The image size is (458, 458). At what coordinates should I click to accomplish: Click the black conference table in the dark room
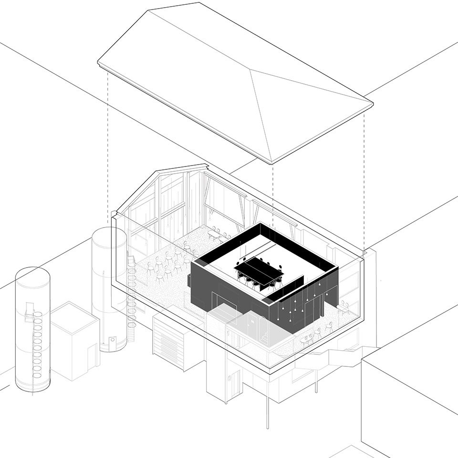[x=259, y=270]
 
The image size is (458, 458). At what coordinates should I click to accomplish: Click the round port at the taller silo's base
[x=113, y=340]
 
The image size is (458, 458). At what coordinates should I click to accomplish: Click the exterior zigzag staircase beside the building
[x=334, y=358]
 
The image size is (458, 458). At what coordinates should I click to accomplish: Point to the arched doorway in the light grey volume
[x=251, y=324]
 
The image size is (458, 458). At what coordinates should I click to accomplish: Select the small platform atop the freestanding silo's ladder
[x=31, y=314]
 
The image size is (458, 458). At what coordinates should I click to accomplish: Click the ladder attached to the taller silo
[x=132, y=296]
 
